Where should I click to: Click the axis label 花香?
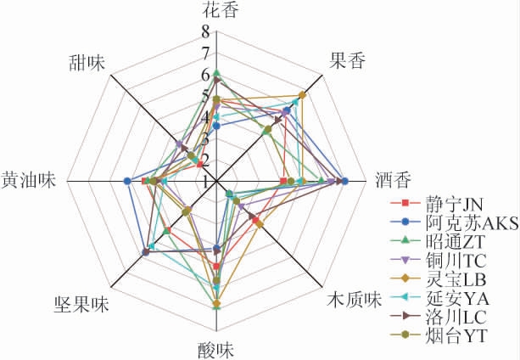pos(221,9)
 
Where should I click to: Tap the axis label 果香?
pos(347,61)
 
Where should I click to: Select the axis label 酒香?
pos(394,181)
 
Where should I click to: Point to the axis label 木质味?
pos(355,300)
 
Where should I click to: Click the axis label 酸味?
pos(216,350)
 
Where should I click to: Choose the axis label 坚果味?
pos(81,304)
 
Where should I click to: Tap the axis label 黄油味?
pos(29,181)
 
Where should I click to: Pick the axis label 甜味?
pos(87,63)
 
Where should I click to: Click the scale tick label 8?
pos(205,32)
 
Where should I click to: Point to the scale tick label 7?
pos(205,53)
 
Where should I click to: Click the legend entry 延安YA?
pos(439,298)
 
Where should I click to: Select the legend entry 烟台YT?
pos(439,335)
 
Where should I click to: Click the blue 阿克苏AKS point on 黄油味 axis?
pos(127,181)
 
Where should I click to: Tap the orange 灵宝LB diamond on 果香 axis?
pos(302,95)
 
